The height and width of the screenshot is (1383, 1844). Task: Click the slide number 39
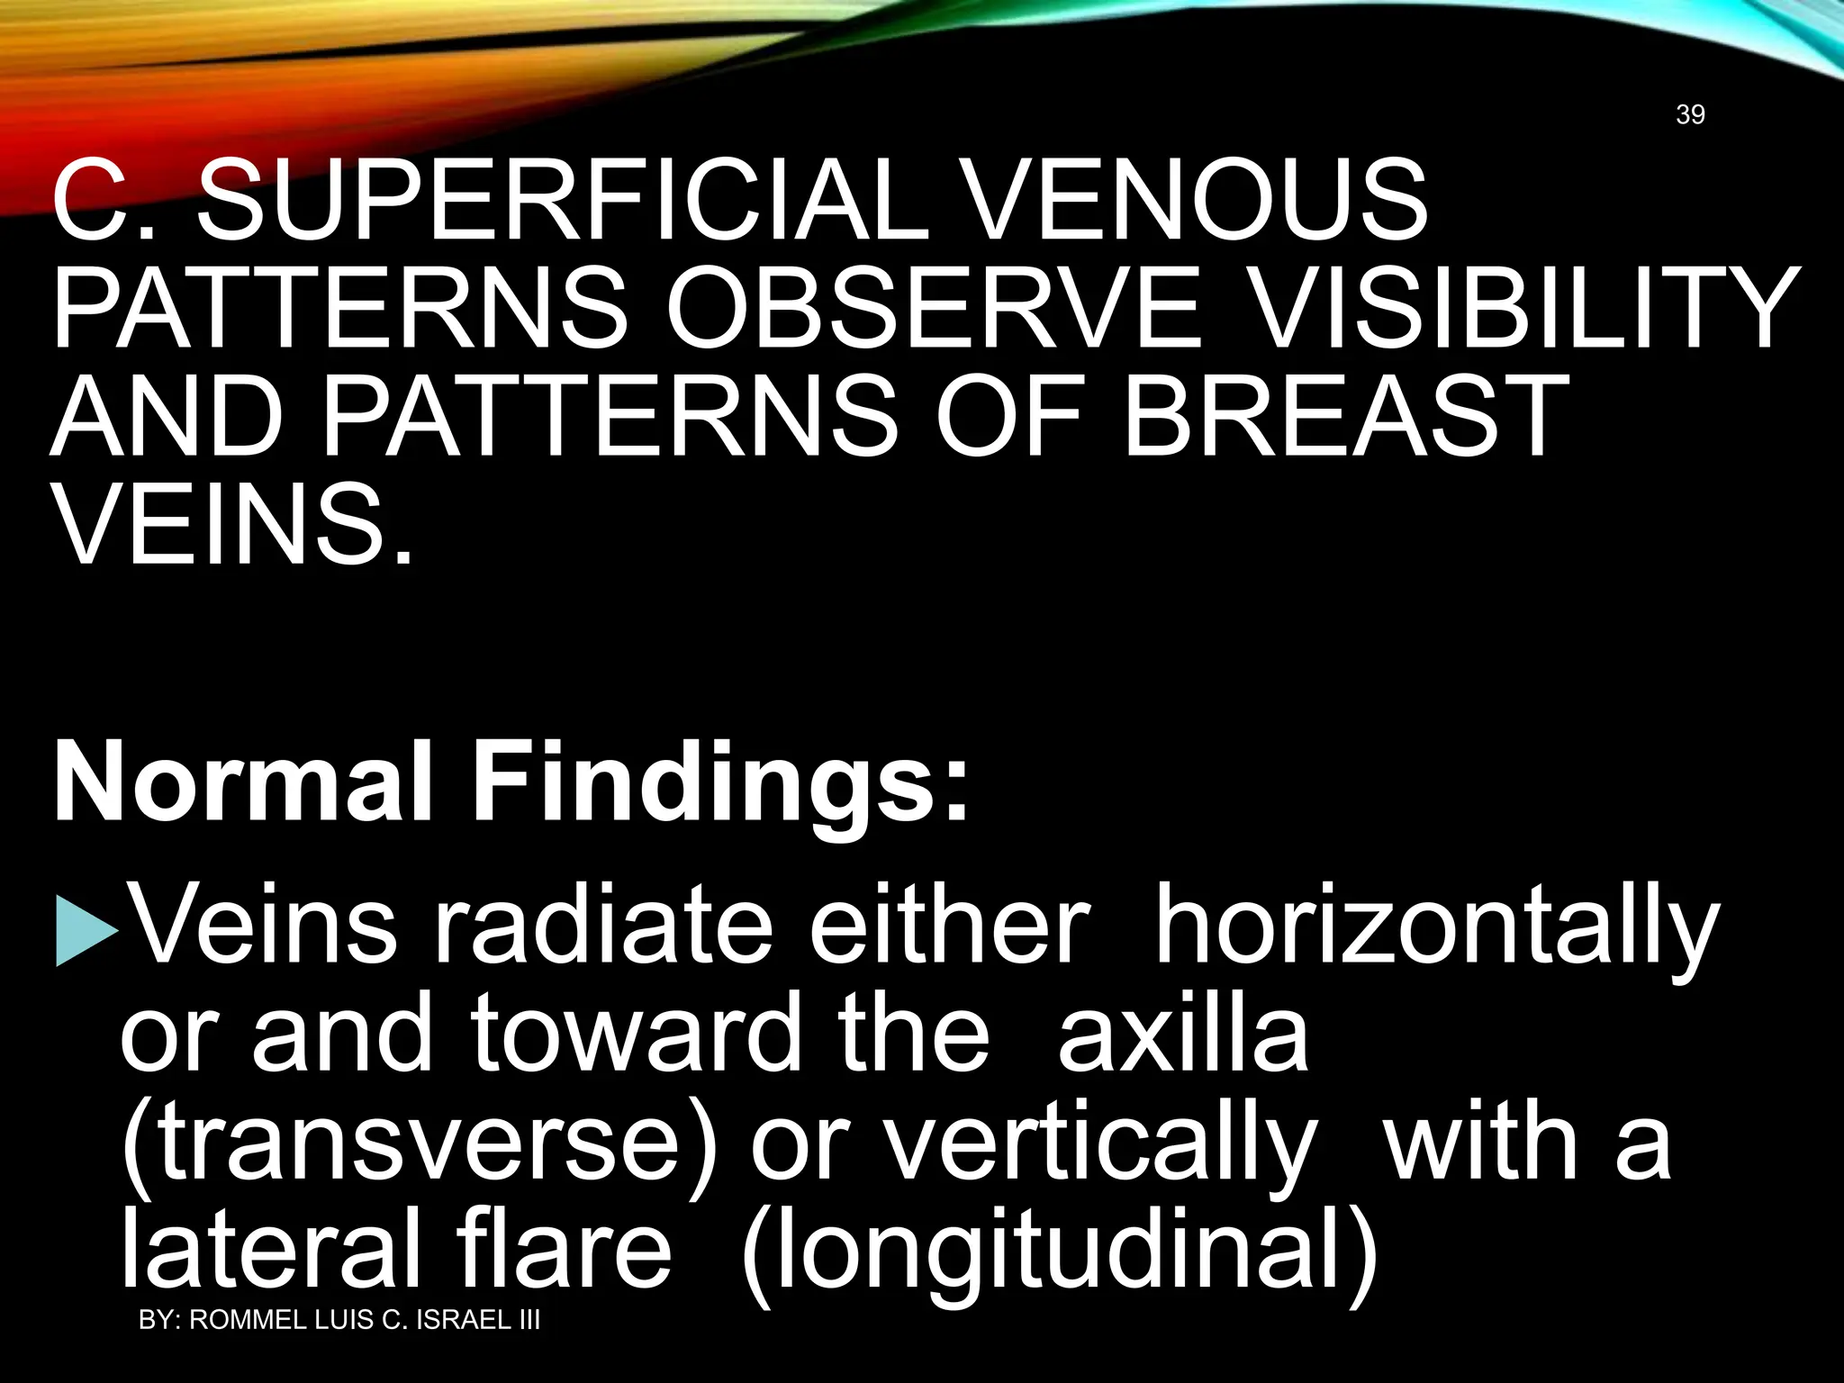[1690, 114]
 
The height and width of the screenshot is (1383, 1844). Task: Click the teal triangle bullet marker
[86, 930]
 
